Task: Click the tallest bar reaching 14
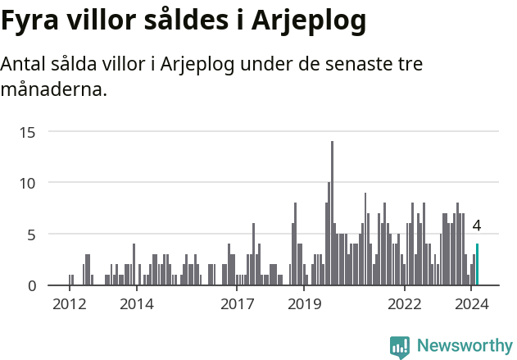tap(332, 213)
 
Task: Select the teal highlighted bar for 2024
tap(477, 265)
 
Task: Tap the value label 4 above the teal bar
tap(477, 226)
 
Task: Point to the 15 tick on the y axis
tap(28, 131)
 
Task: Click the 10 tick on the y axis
tap(28, 183)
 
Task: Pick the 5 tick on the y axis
tap(32, 235)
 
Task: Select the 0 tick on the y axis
tap(32, 285)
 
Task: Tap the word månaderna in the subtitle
tap(54, 89)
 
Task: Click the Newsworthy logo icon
tap(400, 347)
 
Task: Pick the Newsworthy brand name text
tap(464, 346)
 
